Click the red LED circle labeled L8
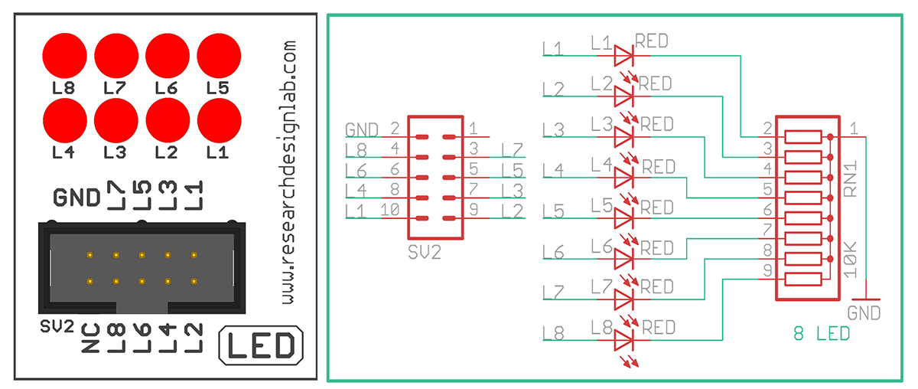[x=65, y=57]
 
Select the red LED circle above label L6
[x=168, y=57]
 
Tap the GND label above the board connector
[x=76, y=198]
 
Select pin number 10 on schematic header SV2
[x=390, y=208]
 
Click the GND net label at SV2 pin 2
[x=362, y=129]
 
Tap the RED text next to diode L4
[x=659, y=166]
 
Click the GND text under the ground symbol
[x=864, y=313]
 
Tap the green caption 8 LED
[x=821, y=335]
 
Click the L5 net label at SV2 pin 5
[x=513, y=170]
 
